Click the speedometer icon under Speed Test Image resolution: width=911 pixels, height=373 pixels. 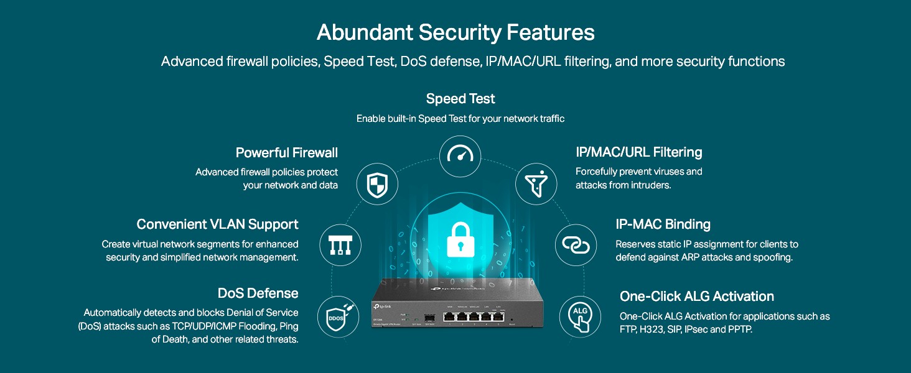tap(460, 157)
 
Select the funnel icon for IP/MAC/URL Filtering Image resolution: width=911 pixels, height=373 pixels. tap(536, 183)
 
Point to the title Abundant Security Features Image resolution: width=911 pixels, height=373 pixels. tap(455, 32)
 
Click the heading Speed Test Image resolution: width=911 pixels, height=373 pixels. tap(460, 99)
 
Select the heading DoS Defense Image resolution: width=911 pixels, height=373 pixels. tap(258, 293)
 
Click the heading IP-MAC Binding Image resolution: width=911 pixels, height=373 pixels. tap(663, 224)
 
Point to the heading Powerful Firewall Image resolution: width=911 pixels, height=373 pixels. tap(286, 152)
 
